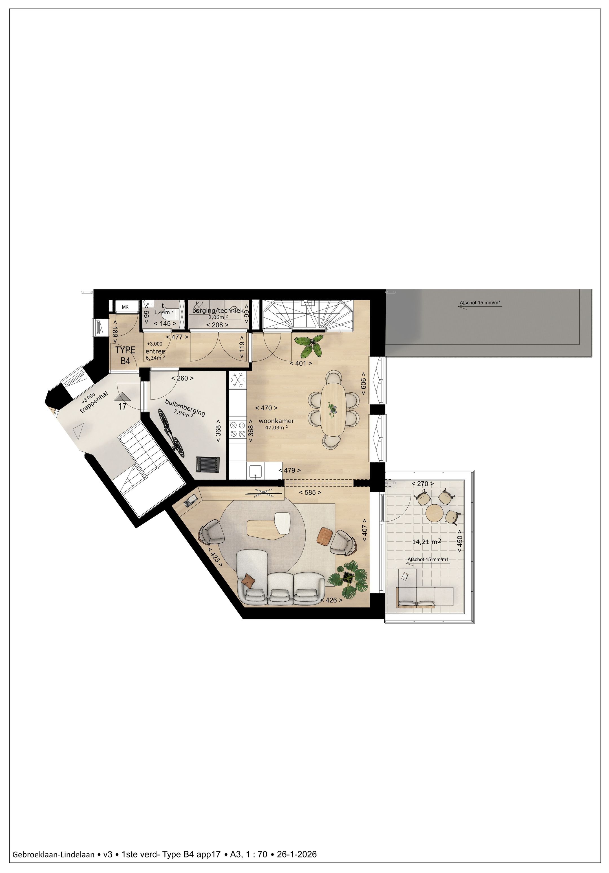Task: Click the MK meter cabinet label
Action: (125, 307)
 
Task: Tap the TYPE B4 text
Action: (125, 355)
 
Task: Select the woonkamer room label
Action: (276, 421)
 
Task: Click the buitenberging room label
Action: (185, 407)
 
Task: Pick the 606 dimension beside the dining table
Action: (363, 386)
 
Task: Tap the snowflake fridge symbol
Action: (238, 380)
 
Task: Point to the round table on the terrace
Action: (434, 513)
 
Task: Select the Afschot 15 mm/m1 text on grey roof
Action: (480, 303)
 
